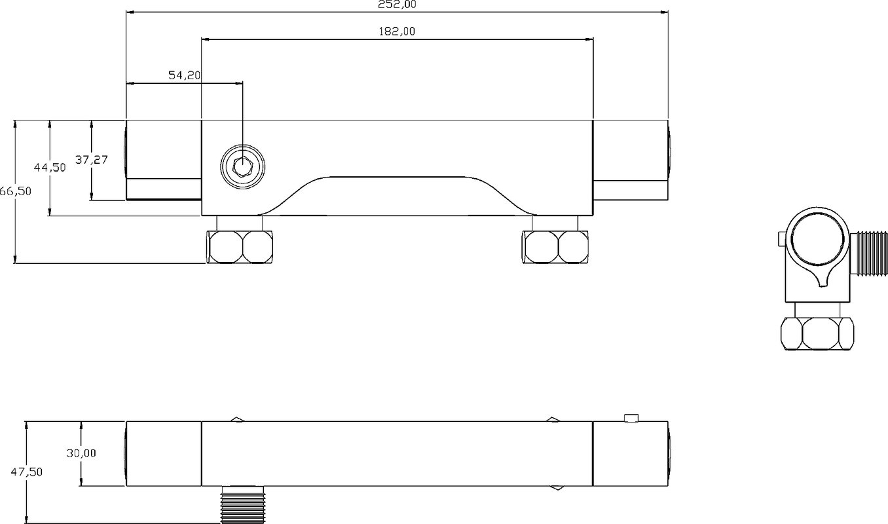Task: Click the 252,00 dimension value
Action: click(397, 5)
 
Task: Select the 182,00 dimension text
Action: click(397, 31)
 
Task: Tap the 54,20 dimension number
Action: click(185, 75)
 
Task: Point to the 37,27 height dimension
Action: click(92, 160)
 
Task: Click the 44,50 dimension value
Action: click(50, 168)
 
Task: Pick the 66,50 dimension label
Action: click(16, 191)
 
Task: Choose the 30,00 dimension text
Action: click(81, 453)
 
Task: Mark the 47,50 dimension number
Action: click(27, 472)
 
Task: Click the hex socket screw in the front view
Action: click(242, 167)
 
